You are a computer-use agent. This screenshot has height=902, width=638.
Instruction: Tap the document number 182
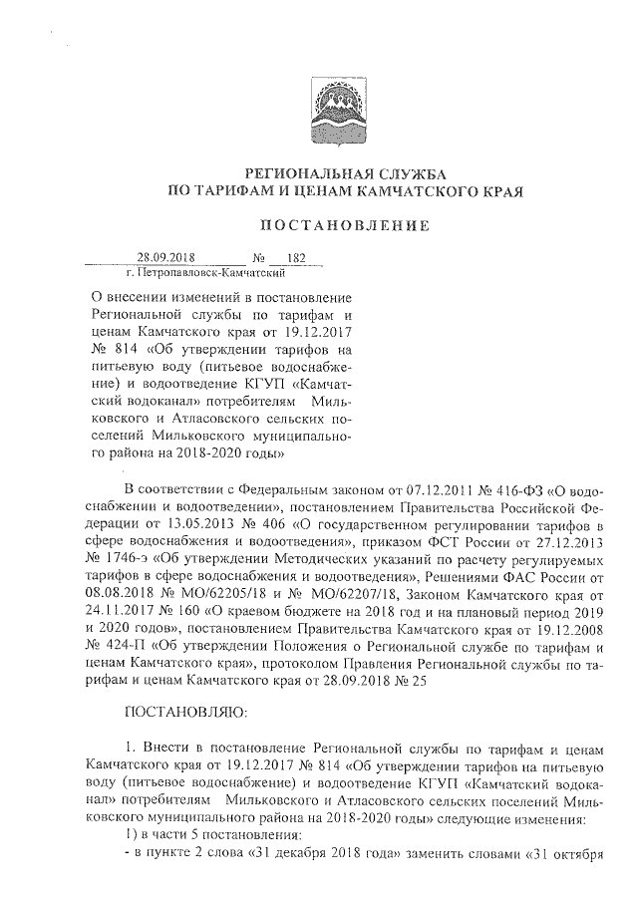[x=295, y=258]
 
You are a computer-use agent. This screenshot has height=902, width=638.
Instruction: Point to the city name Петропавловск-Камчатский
[x=193, y=271]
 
